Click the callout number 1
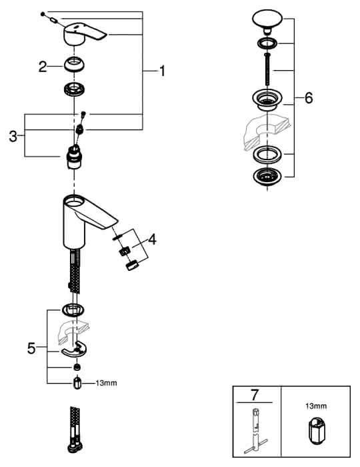[162, 71]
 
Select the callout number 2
[43, 67]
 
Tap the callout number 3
[13, 136]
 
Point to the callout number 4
[152, 239]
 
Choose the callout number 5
[31, 348]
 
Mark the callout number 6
[309, 97]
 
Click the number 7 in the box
[255, 395]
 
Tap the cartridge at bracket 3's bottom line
[74, 157]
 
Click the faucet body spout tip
[113, 225]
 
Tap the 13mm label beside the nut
[106, 383]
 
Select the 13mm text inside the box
[316, 406]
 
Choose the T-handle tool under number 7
[255, 431]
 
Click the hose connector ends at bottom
[75, 430]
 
